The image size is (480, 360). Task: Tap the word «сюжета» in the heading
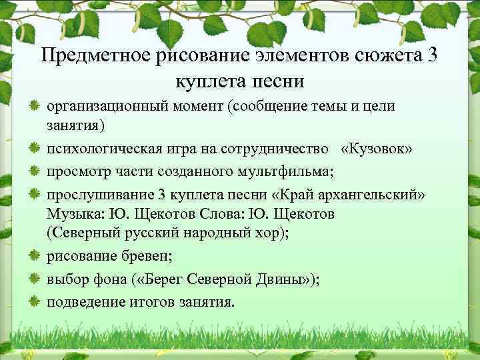point(377,55)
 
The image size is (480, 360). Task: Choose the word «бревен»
point(151,257)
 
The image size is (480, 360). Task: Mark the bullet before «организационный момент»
point(35,106)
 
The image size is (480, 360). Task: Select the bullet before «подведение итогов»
point(35,301)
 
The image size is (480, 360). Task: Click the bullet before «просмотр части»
point(35,171)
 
